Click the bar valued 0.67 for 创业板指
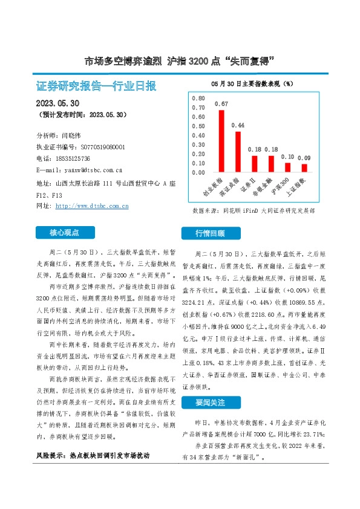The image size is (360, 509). coord(221,141)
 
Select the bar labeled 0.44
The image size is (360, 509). coord(238,152)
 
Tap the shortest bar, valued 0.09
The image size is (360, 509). coord(304,168)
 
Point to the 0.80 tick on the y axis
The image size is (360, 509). coord(198,98)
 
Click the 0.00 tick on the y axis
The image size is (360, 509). coord(198,173)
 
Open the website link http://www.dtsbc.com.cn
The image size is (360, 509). coord(91,206)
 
